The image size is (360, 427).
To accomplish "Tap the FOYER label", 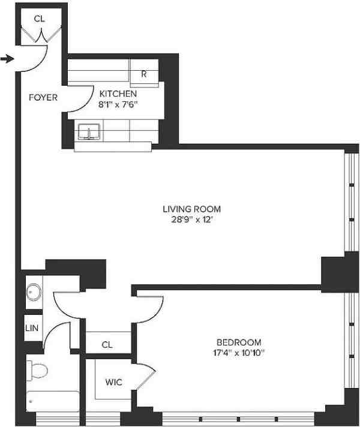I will (x=43, y=97).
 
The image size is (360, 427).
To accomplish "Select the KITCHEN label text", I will (x=118, y=94).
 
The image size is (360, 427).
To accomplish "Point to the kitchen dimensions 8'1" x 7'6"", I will (x=118, y=103).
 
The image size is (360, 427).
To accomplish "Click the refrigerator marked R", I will (x=145, y=75).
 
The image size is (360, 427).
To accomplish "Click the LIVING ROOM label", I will (x=191, y=209).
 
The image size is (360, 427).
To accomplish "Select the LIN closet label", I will (x=32, y=329).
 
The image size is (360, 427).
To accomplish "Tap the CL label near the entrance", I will (x=39, y=19).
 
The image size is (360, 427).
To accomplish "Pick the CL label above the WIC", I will (x=107, y=344).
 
